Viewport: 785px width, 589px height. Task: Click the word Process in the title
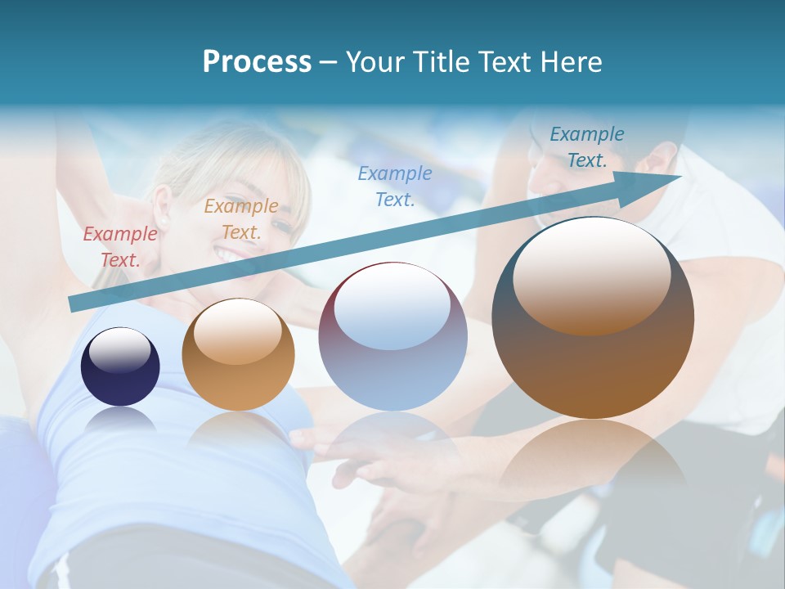(x=257, y=62)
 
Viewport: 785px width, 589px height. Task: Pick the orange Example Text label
(x=241, y=219)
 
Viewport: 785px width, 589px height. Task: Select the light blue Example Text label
(x=395, y=186)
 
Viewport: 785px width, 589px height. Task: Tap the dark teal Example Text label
(x=587, y=147)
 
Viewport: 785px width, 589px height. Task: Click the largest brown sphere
(x=593, y=360)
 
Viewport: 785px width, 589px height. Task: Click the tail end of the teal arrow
(x=74, y=304)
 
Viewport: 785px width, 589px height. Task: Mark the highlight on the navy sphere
(x=119, y=350)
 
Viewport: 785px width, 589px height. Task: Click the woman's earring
(x=162, y=221)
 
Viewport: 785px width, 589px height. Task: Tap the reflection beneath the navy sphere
(x=121, y=420)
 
